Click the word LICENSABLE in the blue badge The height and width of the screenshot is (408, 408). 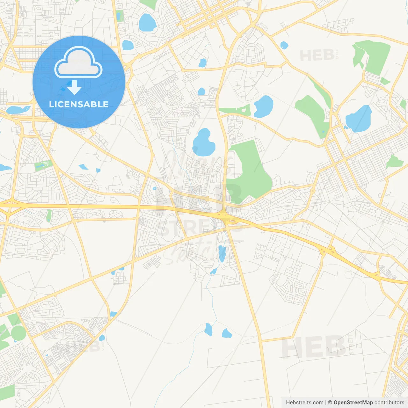(79, 104)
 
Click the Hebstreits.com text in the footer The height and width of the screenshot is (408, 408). (304, 403)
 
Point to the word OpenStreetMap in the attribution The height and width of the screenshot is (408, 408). (353, 403)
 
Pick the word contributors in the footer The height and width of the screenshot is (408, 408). (389, 403)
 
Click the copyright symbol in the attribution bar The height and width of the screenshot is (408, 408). (330, 403)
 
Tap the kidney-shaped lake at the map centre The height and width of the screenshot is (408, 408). (203, 142)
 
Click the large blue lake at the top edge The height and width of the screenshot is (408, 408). (147, 23)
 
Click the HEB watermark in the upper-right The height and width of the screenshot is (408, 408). (317, 55)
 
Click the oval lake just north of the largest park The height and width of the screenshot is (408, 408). (264, 106)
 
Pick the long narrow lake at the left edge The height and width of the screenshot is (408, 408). (18, 110)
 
